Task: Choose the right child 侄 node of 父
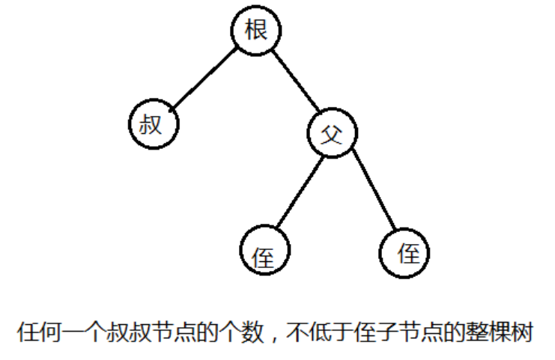click(405, 252)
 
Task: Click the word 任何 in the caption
click(38, 332)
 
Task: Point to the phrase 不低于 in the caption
click(321, 332)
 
